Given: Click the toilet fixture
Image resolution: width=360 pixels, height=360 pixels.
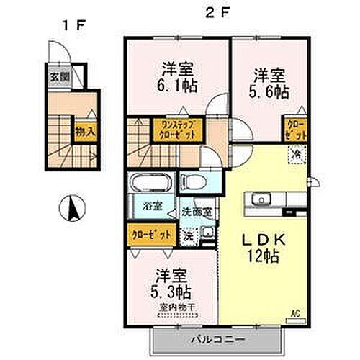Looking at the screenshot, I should click(192, 180).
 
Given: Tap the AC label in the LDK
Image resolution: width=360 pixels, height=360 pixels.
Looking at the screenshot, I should click(294, 313).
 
